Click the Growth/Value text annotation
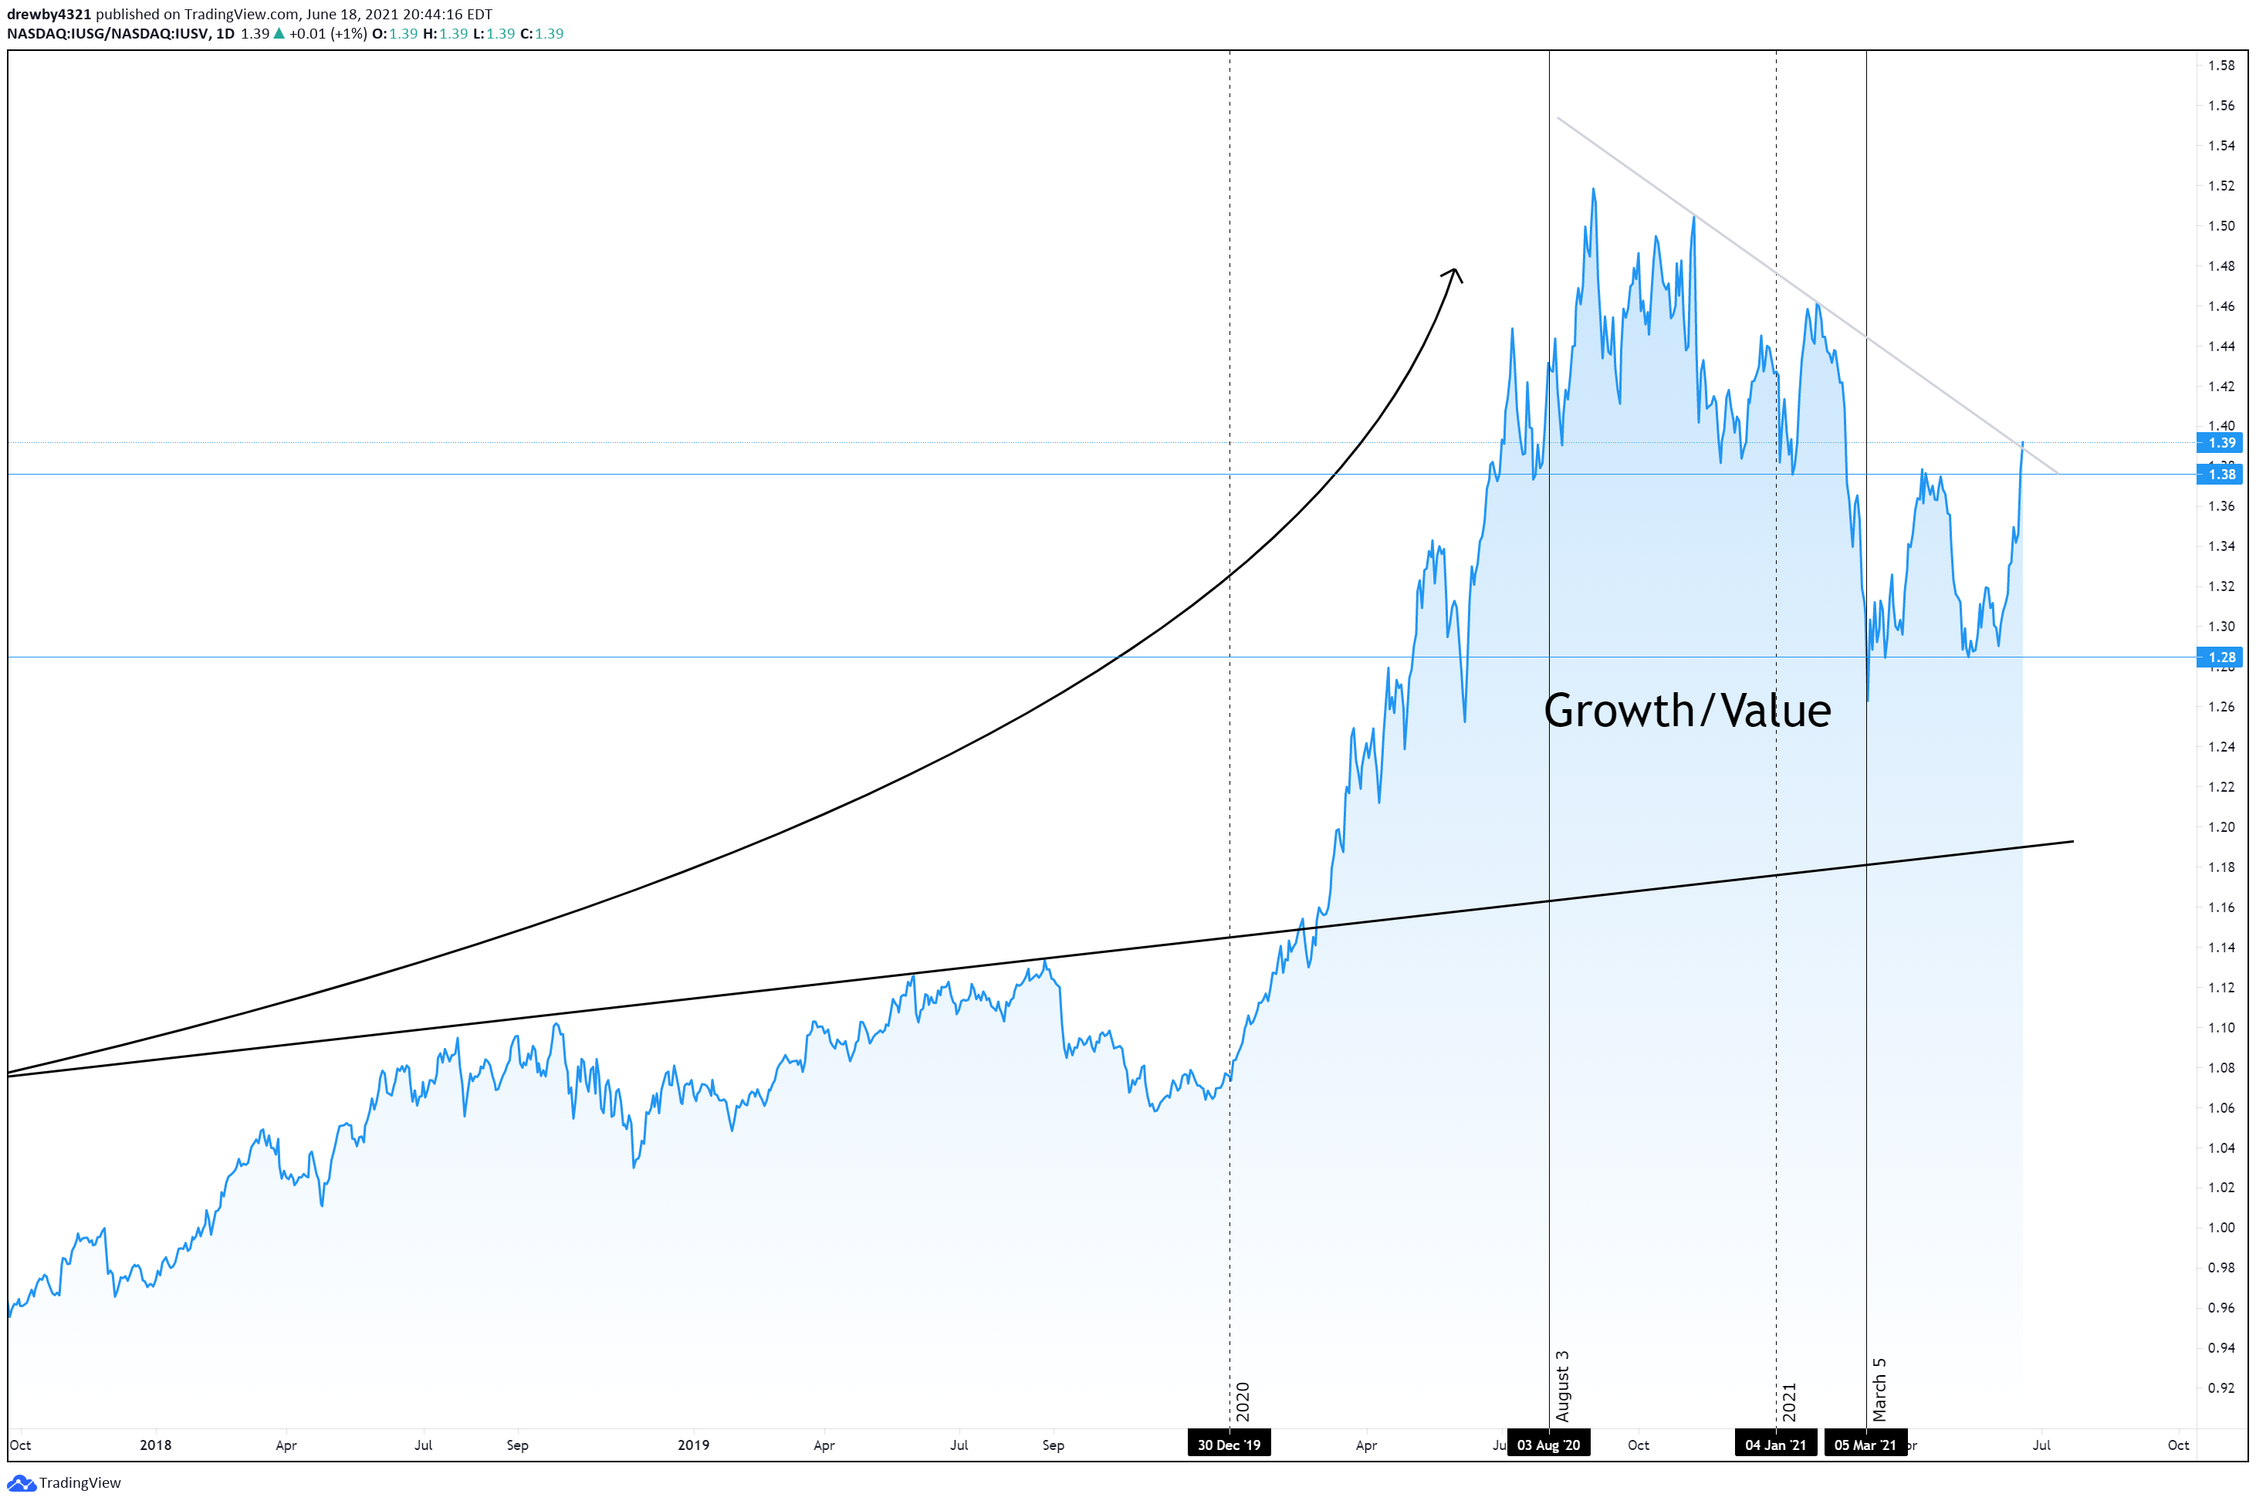click(1687, 711)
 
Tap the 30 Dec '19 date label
click(1229, 1445)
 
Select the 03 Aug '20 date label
click(1548, 1445)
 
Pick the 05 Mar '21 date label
click(1865, 1445)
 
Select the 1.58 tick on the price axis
click(2220, 66)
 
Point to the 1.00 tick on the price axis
click(2220, 1228)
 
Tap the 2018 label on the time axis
click(155, 1445)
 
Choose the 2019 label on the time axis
click(694, 1445)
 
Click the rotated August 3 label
click(1561, 1386)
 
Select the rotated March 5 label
click(1879, 1390)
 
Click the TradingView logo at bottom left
click(66, 1483)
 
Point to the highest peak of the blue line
click(1593, 189)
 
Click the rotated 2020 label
click(1242, 1401)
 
